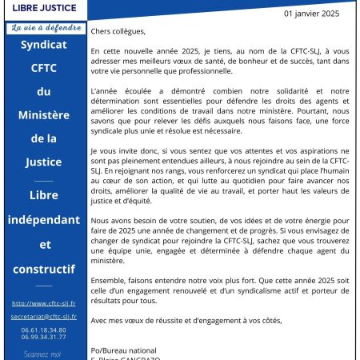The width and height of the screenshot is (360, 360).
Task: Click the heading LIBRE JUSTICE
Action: click(x=45, y=8)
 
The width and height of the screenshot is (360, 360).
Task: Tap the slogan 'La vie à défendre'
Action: click(x=45, y=28)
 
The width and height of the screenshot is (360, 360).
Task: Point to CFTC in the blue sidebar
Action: click(x=45, y=70)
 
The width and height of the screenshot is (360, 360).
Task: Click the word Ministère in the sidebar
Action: click(x=45, y=118)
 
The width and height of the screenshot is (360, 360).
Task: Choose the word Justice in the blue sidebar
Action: click(x=45, y=164)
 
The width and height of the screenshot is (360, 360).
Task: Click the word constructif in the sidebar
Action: click(x=45, y=270)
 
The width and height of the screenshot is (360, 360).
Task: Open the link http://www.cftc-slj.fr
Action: click(x=45, y=303)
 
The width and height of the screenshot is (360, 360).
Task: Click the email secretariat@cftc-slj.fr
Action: click(x=45, y=316)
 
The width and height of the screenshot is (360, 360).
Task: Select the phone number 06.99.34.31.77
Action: click(x=45, y=337)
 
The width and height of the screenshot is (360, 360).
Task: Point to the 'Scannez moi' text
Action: click(x=45, y=353)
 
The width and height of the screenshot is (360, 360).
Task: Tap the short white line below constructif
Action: click(x=45, y=286)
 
